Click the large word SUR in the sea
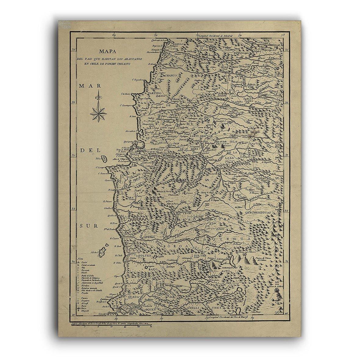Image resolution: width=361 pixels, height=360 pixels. click(x=86, y=226)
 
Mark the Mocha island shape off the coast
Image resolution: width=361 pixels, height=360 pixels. click(x=103, y=252)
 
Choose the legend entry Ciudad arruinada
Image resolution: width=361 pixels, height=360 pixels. click(x=88, y=265)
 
